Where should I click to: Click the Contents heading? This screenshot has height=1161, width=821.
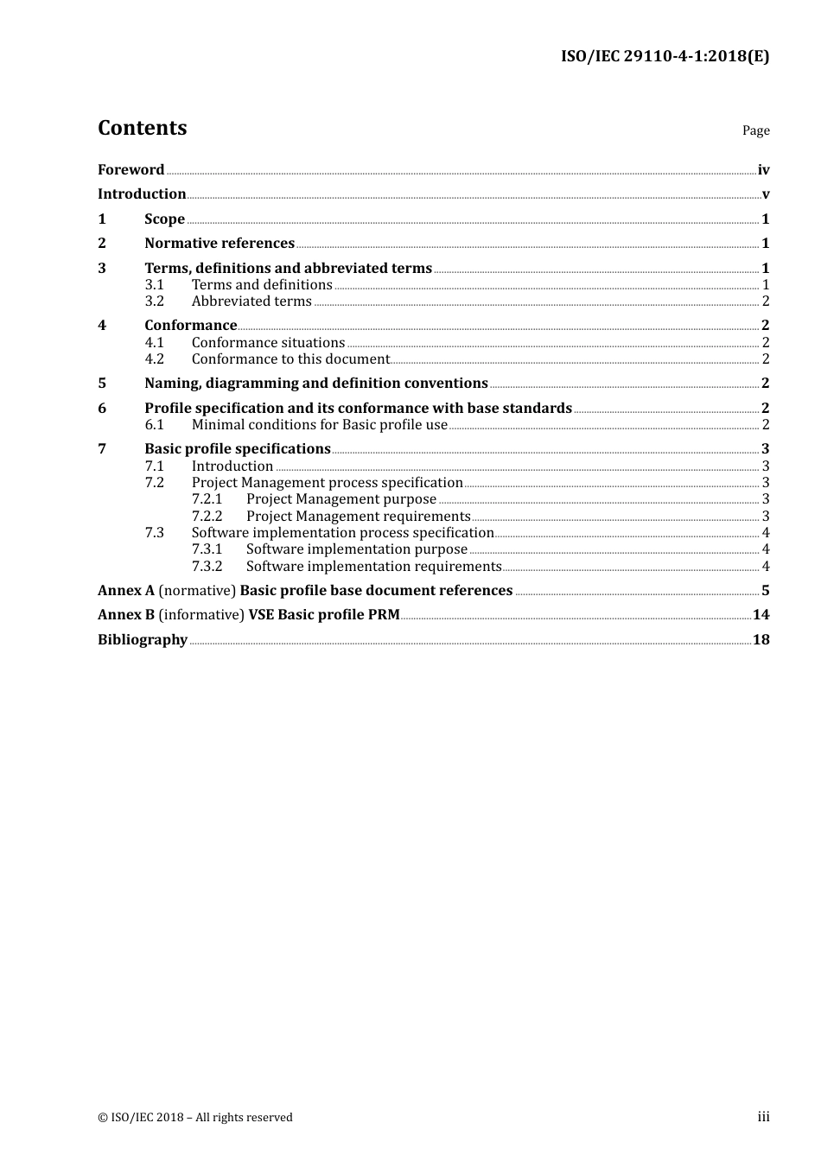(142, 128)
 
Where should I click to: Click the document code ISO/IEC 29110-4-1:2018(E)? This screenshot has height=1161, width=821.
(665, 56)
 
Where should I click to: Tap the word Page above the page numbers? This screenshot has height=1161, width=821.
(755, 130)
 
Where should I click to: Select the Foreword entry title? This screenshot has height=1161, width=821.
(130, 169)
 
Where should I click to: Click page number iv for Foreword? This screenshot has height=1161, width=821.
(763, 170)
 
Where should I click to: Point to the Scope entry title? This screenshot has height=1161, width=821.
(164, 219)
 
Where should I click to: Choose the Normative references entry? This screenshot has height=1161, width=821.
(220, 244)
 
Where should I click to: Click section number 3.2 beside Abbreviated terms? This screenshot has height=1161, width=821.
(154, 301)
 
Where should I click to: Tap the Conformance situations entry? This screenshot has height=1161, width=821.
(268, 343)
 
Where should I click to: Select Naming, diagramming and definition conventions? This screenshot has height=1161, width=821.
(316, 384)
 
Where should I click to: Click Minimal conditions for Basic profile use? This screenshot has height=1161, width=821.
(319, 425)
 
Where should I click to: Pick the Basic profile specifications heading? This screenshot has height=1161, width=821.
(238, 449)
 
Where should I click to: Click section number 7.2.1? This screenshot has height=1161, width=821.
(207, 499)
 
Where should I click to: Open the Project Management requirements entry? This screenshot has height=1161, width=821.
(358, 517)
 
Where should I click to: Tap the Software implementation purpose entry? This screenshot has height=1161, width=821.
(356, 549)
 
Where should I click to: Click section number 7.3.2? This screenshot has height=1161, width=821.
(207, 567)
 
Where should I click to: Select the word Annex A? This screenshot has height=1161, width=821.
(126, 591)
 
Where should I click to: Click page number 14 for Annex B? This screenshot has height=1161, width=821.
(761, 615)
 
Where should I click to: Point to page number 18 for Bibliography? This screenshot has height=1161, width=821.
(761, 640)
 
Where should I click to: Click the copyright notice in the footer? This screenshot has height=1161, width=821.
(195, 1117)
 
